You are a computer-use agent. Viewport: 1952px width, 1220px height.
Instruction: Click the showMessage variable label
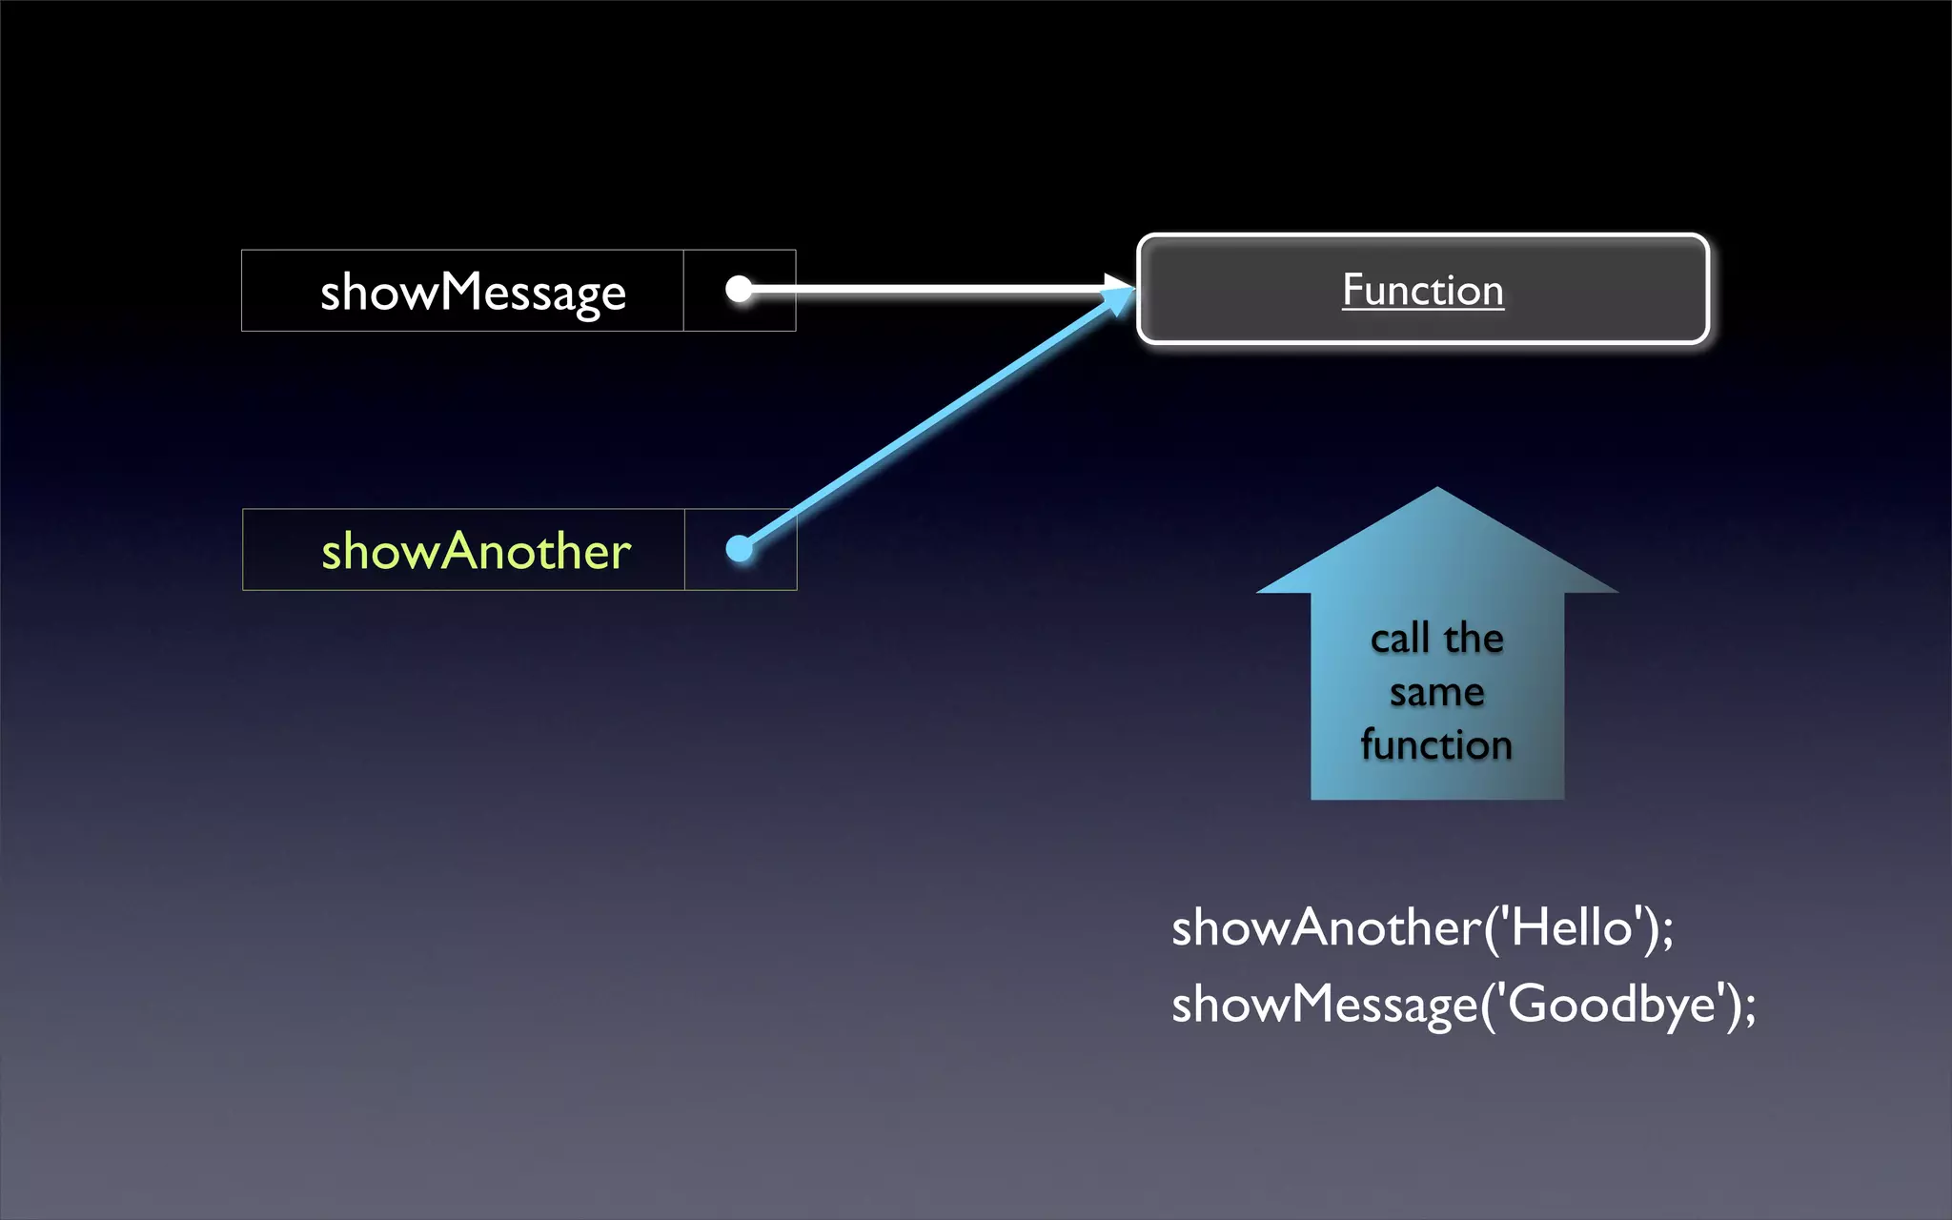coord(473,292)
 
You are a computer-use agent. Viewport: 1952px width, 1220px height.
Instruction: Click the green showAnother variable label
coord(476,551)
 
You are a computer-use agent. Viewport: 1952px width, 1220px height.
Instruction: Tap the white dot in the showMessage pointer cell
coord(739,288)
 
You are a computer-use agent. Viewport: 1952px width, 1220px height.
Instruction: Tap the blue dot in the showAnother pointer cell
coord(739,548)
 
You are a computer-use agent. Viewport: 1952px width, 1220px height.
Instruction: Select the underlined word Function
coord(1423,290)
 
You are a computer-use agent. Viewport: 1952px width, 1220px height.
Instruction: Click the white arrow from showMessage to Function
coord(925,288)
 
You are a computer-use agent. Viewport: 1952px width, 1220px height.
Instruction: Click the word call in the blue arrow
coord(1400,639)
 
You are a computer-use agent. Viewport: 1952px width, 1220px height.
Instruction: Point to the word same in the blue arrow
coord(1436,693)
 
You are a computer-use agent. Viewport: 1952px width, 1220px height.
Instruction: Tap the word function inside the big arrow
coord(1436,745)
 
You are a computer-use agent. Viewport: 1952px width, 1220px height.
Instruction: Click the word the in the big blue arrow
coord(1474,639)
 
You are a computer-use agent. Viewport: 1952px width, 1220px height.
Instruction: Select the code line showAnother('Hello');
coord(1422,927)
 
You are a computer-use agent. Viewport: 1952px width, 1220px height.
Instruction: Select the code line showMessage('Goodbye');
coord(1463,1005)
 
